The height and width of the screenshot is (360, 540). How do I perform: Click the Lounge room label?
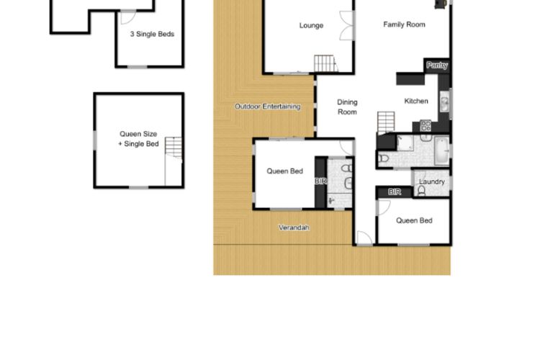coord(311,26)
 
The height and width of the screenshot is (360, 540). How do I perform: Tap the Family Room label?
coord(404,24)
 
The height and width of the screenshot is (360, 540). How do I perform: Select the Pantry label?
coord(437,66)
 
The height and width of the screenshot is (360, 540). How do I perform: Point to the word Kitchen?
coord(416,101)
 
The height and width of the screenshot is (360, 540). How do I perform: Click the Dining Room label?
coord(347,107)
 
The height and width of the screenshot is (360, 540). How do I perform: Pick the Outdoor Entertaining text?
coord(267,107)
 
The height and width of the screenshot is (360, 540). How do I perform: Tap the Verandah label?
coord(294,228)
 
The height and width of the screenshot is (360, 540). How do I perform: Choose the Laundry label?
coord(432,182)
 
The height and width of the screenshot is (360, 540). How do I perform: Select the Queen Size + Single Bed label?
coord(138,139)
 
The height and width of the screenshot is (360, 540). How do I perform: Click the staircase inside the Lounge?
coord(325,64)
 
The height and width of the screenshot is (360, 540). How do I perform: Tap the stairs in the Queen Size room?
coord(173,148)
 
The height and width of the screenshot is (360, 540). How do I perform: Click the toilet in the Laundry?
coord(422,192)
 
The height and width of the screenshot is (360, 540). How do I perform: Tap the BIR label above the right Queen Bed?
coord(395,192)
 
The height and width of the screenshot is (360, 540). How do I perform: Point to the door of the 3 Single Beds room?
coord(138,67)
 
